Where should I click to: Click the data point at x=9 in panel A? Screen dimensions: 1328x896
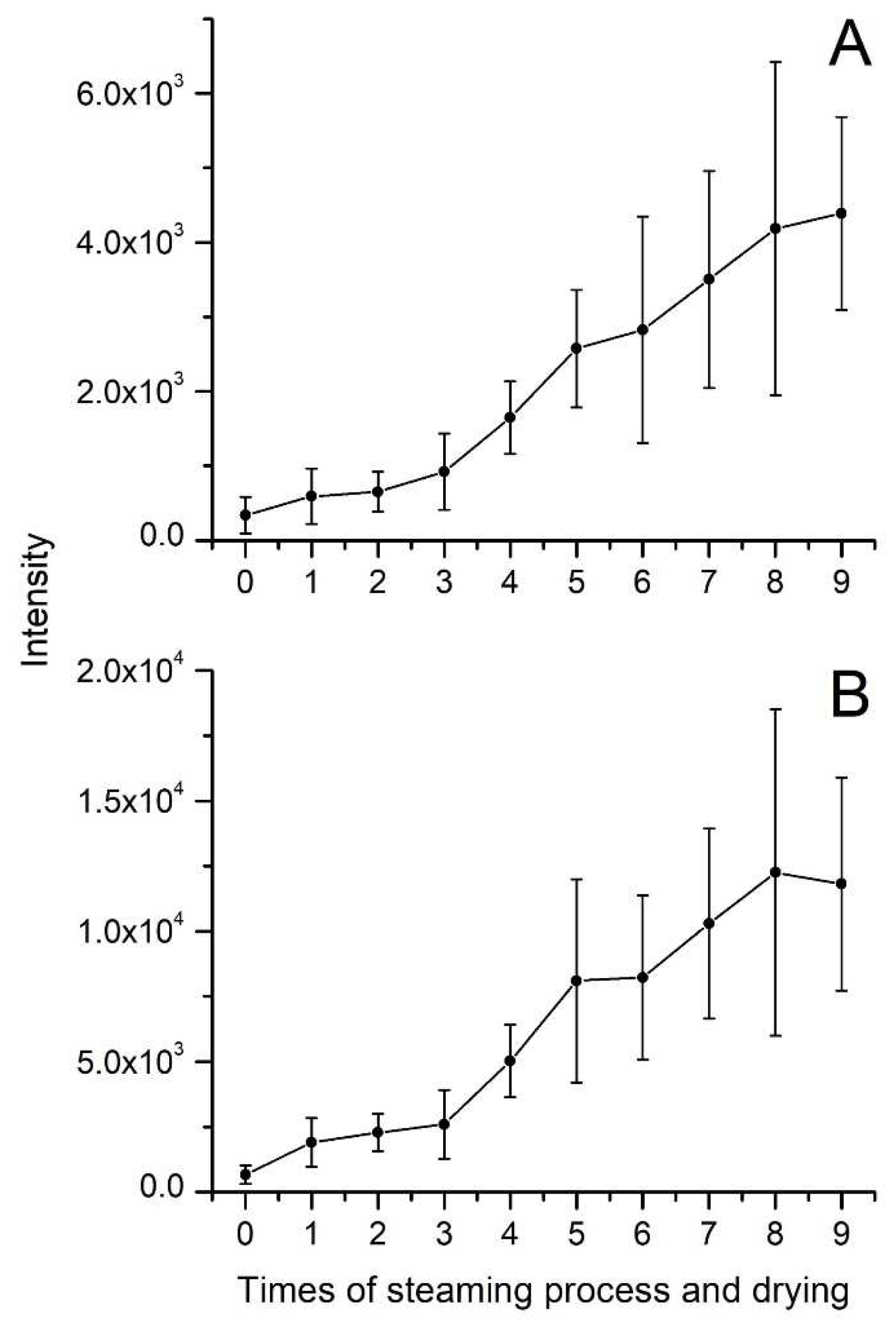(x=841, y=213)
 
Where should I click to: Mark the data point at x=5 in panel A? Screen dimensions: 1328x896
(x=576, y=348)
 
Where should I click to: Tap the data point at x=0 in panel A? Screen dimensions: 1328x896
(x=245, y=515)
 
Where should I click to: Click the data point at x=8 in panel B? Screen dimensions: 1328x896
(x=775, y=873)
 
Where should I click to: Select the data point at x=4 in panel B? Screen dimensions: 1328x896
(x=510, y=1061)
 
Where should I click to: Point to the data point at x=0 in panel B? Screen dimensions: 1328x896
(x=245, y=1175)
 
